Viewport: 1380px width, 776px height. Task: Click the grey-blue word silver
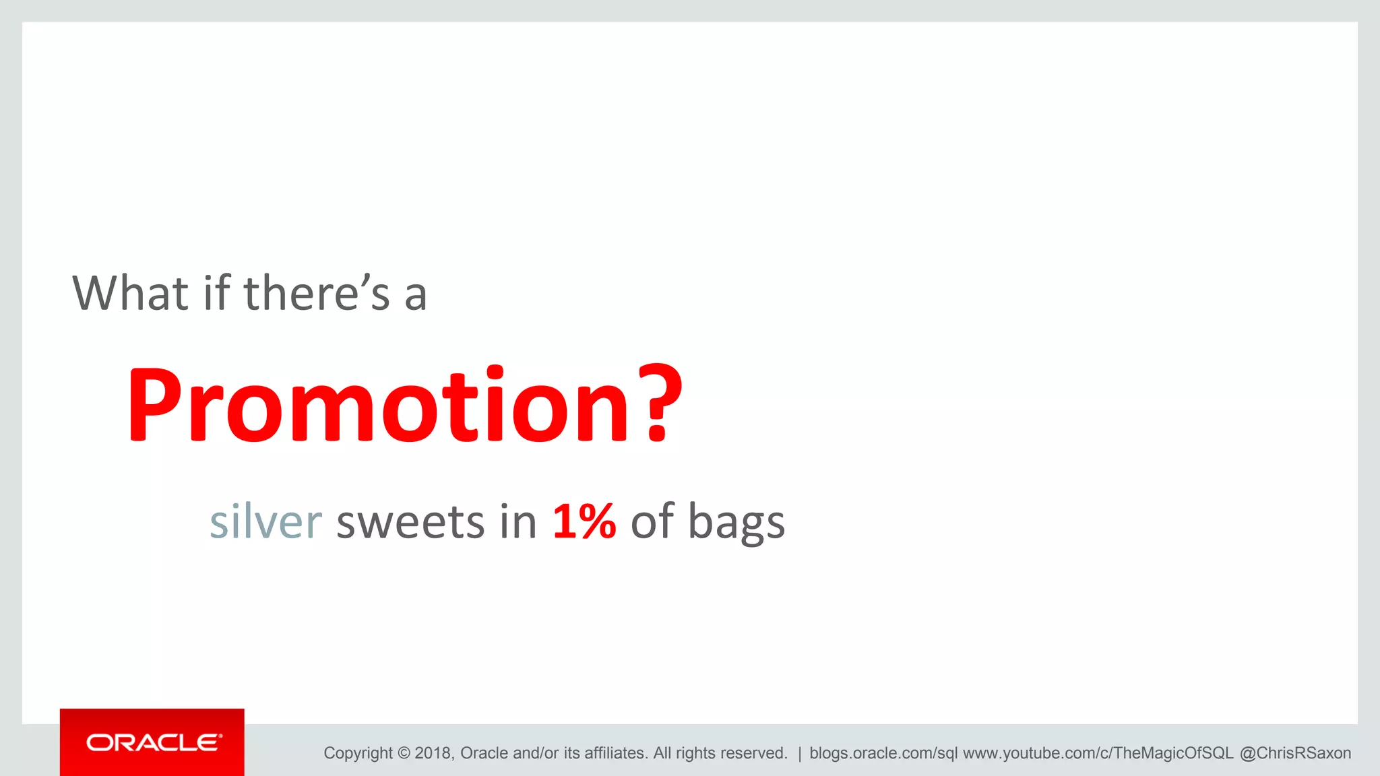coord(265,521)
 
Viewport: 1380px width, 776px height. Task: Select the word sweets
coord(410,523)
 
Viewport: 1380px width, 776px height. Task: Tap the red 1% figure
coord(584,521)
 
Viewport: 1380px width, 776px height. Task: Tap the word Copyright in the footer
coord(358,753)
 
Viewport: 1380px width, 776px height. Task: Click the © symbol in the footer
coord(404,753)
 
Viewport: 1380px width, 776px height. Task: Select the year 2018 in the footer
coord(434,753)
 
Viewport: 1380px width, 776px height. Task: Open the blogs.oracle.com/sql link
coord(883,753)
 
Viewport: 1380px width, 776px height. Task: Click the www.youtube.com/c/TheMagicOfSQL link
coord(1098,753)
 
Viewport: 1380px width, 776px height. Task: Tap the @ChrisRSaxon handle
coord(1295,753)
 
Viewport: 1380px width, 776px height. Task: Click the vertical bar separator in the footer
coord(799,753)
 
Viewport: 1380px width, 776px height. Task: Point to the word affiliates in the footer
coord(616,753)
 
